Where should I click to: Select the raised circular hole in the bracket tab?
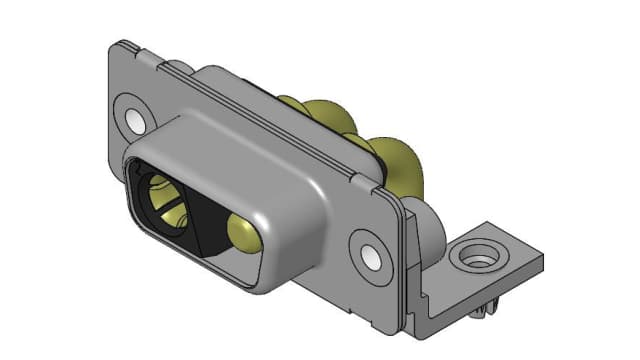(473, 259)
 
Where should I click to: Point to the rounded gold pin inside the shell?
(244, 233)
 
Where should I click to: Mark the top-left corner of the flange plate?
(118, 45)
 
